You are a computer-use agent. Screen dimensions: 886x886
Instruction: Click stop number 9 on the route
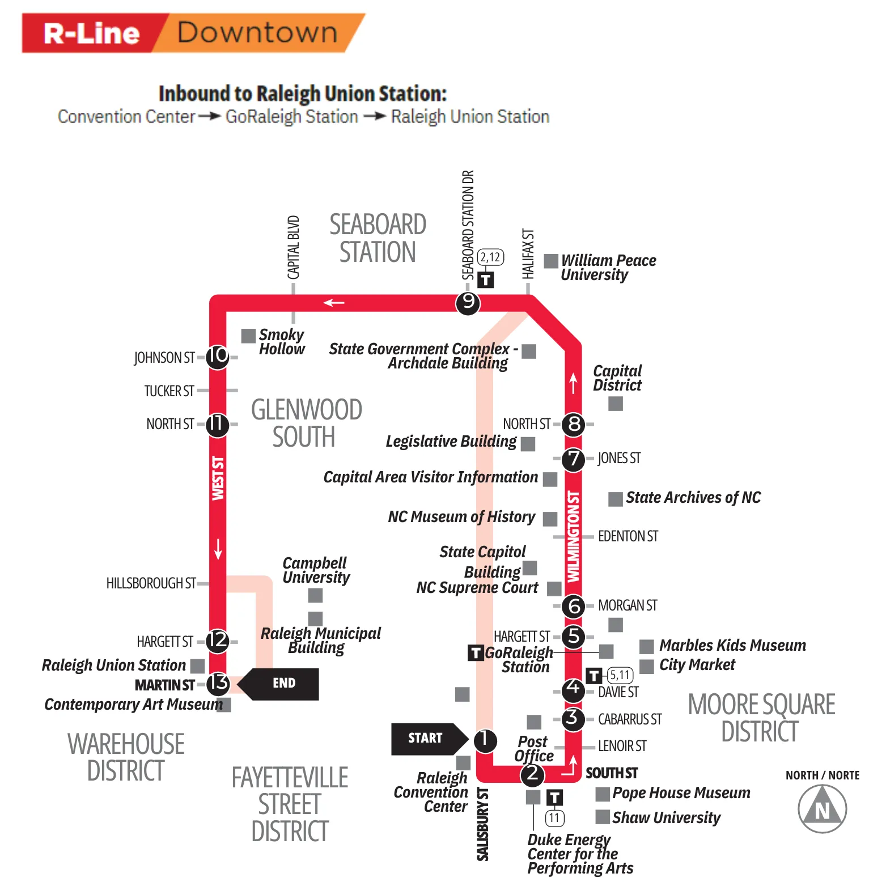tap(468, 302)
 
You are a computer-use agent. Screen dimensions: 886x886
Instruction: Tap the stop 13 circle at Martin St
tap(218, 683)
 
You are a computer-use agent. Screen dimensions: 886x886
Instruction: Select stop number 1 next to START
tap(485, 740)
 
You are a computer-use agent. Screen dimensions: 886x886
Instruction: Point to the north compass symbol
tap(822, 809)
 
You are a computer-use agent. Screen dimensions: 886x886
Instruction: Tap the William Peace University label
tap(608, 267)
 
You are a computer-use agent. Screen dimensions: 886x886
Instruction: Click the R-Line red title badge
tap(91, 33)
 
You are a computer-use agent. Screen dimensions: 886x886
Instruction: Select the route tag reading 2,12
tap(490, 257)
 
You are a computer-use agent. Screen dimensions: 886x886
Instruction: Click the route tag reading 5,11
tap(620, 675)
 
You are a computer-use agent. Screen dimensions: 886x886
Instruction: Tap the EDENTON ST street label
tap(628, 536)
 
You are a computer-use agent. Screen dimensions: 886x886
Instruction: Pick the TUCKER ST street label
tap(169, 391)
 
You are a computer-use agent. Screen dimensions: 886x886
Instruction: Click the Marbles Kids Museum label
tap(732, 645)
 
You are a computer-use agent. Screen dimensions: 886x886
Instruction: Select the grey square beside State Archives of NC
tap(615, 499)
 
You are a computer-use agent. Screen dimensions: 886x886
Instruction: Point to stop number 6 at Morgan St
tap(574, 606)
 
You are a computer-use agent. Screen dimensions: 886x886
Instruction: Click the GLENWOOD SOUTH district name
tap(306, 423)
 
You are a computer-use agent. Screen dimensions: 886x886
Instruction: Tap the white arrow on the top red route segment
tap(334, 303)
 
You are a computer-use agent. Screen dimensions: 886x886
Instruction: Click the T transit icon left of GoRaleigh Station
tap(475, 653)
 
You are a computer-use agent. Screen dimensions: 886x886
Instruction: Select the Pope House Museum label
tap(681, 792)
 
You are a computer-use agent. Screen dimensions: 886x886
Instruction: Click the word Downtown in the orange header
tap(257, 32)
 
